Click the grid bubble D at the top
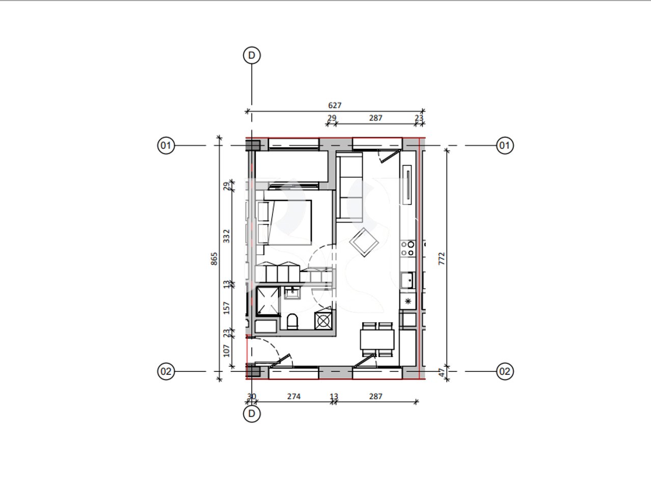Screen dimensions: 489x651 [x=252, y=56]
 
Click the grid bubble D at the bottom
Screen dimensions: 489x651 [x=252, y=414]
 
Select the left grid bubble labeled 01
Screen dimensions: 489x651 [x=166, y=146]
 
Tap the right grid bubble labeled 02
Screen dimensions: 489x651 [x=504, y=371]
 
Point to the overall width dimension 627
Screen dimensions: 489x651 [x=335, y=105]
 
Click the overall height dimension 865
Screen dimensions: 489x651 [x=214, y=259]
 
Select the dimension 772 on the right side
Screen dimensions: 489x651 [x=442, y=258]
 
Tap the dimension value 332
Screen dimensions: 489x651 [x=227, y=235]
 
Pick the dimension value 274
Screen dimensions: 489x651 [x=294, y=396]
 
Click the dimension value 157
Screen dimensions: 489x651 [x=227, y=308]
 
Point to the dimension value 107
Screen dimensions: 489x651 [x=227, y=350]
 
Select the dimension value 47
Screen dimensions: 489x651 [x=442, y=373]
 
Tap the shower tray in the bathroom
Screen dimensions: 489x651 [x=268, y=301]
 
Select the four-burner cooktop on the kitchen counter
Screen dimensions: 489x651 [x=408, y=249]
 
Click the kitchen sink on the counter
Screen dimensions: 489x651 [x=407, y=280]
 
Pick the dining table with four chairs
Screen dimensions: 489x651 [x=377, y=339]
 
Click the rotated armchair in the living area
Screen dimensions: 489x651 [x=364, y=242]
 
